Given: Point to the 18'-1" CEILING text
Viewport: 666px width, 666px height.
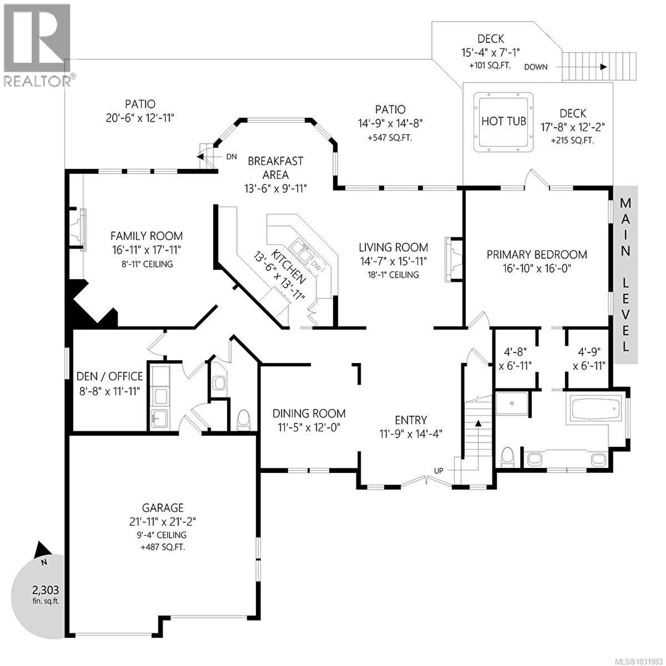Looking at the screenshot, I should point(393,275).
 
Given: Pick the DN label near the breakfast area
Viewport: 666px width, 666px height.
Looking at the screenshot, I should point(231,157).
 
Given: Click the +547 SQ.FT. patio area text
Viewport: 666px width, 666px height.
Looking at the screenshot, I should point(390,138).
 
